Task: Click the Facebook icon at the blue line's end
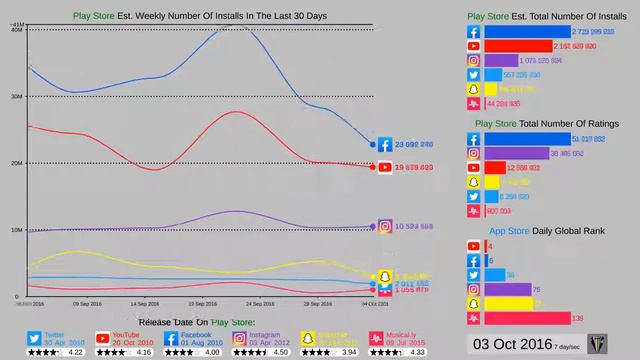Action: tap(385, 144)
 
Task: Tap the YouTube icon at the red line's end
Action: tap(385, 167)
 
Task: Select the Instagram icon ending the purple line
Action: tap(385, 226)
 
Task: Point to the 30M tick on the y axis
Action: tap(17, 97)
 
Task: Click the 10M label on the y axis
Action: tap(17, 230)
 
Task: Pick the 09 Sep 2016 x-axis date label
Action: tap(87, 303)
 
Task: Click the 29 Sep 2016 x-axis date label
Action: tap(318, 303)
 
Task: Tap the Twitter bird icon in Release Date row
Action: tap(34, 337)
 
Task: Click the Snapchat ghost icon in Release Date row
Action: tap(309, 337)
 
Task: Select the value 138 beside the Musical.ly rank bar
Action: tap(577, 318)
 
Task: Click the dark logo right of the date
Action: tap(598, 344)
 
